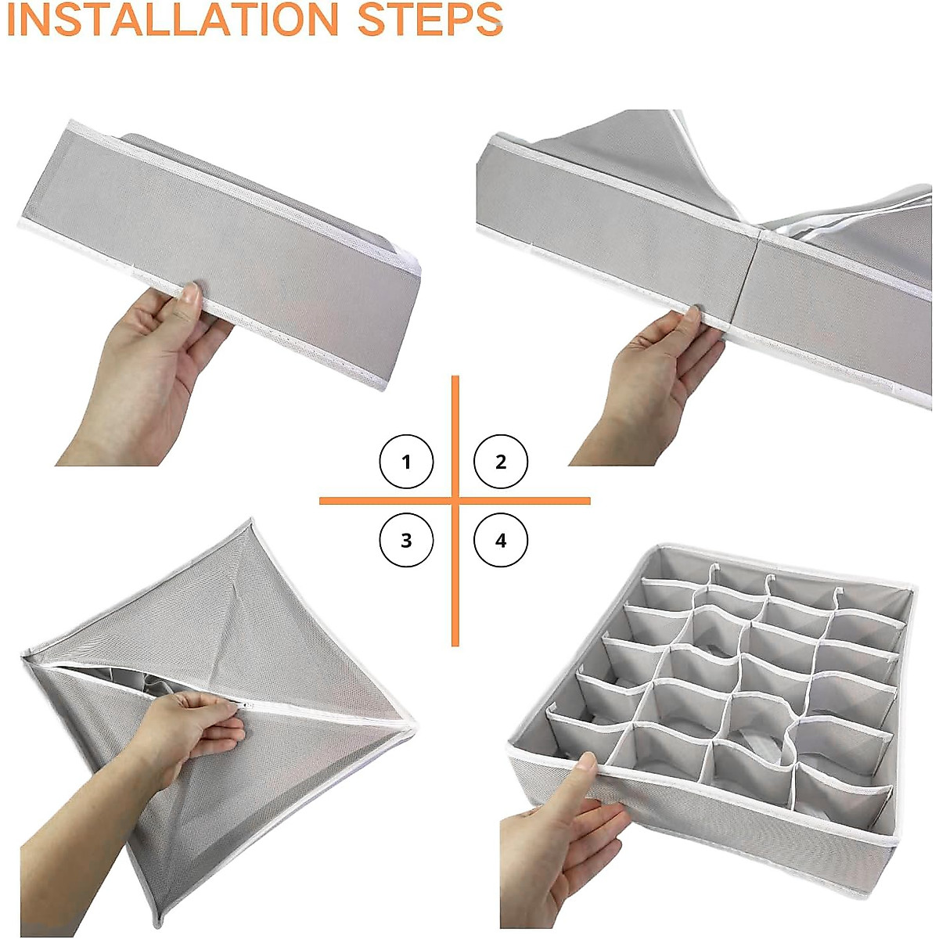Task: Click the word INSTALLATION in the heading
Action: coord(173,20)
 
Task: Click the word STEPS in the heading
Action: coord(430,20)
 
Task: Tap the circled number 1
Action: coord(406,462)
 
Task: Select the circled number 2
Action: coord(501,462)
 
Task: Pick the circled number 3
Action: coord(406,541)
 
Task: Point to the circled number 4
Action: coord(501,541)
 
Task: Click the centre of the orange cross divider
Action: coord(455,501)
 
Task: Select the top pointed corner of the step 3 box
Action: coord(251,520)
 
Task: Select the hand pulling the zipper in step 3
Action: coord(195,726)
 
